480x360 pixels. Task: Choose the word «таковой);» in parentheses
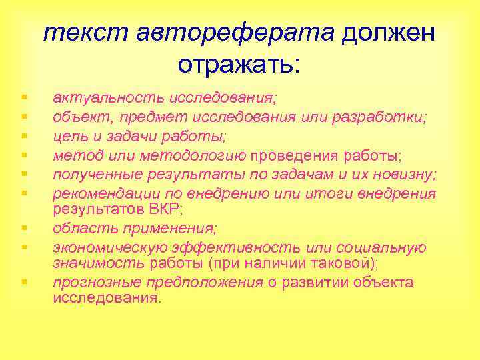click(x=343, y=262)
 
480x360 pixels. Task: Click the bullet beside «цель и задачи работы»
click(x=23, y=136)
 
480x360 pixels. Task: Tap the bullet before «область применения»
click(x=23, y=228)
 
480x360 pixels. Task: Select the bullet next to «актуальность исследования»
click(x=23, y=98)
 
